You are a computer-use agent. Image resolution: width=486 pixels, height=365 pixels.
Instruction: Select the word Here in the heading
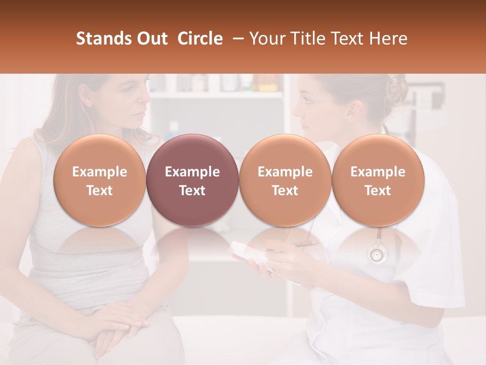pos(389,39)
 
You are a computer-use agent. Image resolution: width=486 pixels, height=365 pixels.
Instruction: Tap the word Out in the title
pos(152,39)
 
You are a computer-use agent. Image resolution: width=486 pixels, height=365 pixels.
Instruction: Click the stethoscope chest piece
pos(377,254)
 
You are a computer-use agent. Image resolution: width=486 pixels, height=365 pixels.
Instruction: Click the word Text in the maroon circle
pos(192,191)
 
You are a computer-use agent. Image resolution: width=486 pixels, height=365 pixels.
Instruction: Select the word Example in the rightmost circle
pos(378,172)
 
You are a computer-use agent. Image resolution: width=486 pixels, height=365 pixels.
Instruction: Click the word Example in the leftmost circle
pos(99,172)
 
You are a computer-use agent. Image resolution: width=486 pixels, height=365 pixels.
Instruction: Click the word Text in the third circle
pos(285,191)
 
